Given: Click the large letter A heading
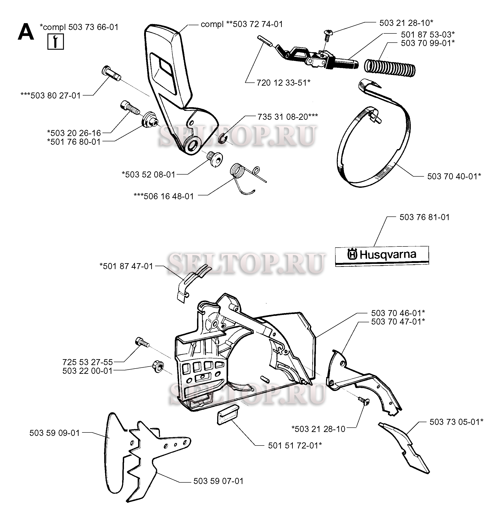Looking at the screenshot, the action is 26,32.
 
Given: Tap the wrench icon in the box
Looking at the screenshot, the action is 56,41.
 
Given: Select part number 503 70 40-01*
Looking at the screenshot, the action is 454,176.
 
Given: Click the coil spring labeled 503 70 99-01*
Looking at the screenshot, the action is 390,68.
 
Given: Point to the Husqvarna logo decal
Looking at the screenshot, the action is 382,255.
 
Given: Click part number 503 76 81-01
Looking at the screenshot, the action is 425,217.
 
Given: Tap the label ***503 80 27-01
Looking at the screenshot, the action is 51,96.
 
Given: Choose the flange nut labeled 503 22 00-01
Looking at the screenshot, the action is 158,368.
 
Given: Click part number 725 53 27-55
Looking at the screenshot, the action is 88,362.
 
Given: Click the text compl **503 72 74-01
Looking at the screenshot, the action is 242,24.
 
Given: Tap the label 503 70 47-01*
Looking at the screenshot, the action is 398,322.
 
